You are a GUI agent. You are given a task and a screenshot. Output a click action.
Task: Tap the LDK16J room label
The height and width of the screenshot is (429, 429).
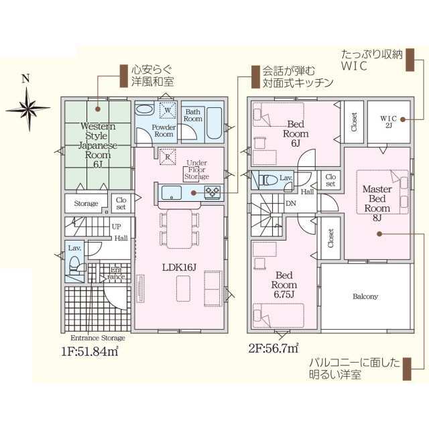click(x=178, y=267)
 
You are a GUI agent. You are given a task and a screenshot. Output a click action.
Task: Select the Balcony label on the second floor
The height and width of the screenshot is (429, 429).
click(x=365, y=296)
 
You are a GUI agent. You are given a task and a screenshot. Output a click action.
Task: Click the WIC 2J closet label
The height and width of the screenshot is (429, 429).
click(x=389, y=121)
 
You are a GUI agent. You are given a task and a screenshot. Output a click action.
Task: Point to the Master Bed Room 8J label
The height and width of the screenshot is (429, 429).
click(x=377, y=203)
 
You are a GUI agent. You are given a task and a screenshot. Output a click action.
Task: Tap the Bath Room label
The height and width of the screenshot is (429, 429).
click(x=194, y=115)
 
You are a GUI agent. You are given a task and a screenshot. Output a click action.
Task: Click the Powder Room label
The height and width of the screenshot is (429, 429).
click(x=163, y=130)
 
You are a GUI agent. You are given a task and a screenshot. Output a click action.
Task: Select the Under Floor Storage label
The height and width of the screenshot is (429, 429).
click(x=196, y=171)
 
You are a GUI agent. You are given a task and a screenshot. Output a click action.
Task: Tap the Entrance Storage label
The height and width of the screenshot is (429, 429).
click(x=97, y=338)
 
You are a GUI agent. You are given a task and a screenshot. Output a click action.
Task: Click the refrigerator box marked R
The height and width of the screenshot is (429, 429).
click(x=167, y=155)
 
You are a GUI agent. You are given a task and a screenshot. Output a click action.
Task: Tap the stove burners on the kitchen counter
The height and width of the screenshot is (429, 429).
click(x=213, y=193)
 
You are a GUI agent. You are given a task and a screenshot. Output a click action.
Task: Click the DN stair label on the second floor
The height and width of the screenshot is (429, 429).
click(x=291, y=202)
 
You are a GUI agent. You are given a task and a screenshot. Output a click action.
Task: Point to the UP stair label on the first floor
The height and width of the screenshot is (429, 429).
click(x=117, y=227)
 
